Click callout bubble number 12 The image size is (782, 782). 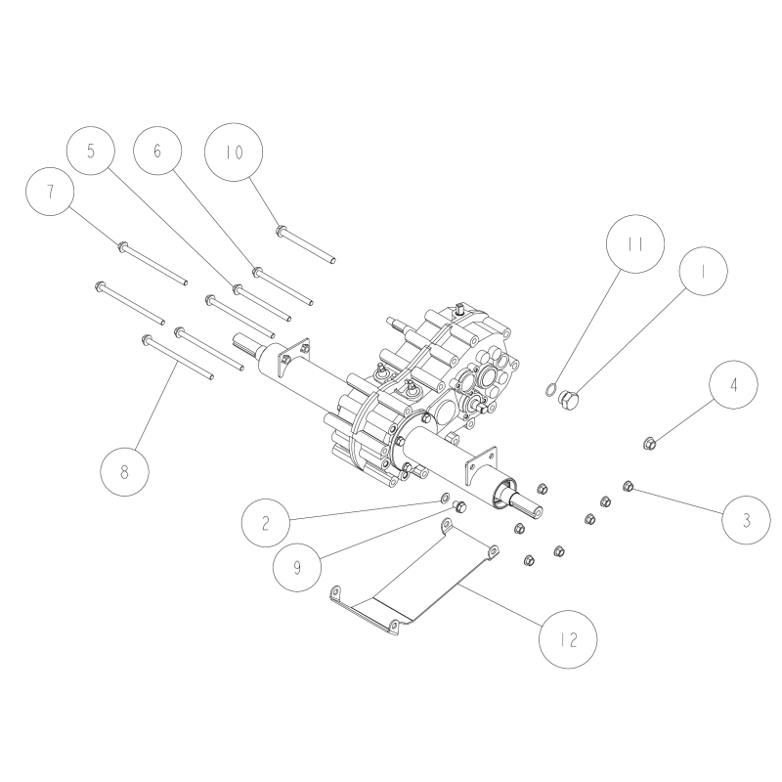[x=569, y=642]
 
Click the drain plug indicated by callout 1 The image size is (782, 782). [x=567, y=400]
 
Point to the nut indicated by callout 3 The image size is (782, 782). [x=628, y=483]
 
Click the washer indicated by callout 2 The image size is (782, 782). [x=446, y=500]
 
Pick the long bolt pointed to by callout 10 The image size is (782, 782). [x=309, y=244]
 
